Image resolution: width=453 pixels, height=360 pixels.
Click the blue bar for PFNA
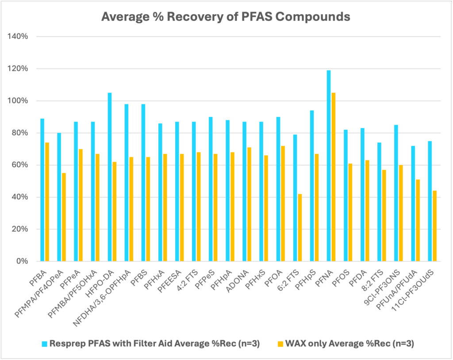click(329, 166)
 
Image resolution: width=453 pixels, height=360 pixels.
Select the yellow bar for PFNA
click(334, 177)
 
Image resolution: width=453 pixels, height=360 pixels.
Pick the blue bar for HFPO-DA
click(110, 177)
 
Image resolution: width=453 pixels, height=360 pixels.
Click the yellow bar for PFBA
click(47, 202)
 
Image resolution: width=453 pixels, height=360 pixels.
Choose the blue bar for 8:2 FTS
click(379, 202)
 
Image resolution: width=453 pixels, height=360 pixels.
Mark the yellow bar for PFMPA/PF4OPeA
click(64, 217)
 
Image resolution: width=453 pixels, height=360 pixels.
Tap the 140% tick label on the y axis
click(18, 37)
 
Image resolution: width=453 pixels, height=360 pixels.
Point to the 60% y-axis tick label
click(20, 165)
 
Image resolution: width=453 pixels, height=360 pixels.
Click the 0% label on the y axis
click(22, 261)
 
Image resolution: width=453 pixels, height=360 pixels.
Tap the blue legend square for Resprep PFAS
click(45, 343)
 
